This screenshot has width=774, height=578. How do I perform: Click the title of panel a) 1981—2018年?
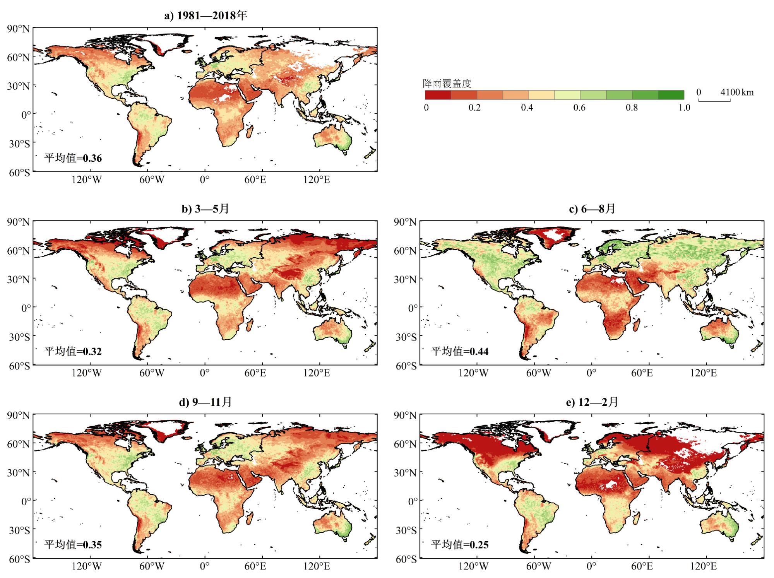click(x=205, y=16)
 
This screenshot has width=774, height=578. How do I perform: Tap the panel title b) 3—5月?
click(x=205, y=209)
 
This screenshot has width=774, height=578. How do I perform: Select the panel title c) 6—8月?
click(x=592, y=209)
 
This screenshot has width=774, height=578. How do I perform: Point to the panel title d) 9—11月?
click(x=205, y=402)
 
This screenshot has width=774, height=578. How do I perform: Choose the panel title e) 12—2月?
click(x=592, y=402)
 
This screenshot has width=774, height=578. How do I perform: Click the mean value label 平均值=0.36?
click(x=73, y=158)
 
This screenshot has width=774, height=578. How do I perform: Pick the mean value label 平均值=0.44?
click(x=460, y=351)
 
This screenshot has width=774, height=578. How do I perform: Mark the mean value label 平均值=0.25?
click(x=460, y=545)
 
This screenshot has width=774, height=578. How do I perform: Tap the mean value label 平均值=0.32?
click(x=73, y=351)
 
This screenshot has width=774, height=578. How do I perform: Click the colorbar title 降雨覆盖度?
click(x=447, y=84)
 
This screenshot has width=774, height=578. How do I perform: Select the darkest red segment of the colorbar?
click(x=438, y=95)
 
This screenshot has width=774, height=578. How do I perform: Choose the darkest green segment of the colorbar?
click(x=671, y=95)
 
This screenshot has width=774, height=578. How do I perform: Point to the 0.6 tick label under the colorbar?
click(x=579, y=108)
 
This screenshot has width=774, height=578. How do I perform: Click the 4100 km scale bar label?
click(x=737, y=92)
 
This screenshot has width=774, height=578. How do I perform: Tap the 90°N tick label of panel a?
click(x=18, y=29)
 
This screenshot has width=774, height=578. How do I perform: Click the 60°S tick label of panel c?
click(x=406, y=366)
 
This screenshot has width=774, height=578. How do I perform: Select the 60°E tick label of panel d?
click(x=255, y=567)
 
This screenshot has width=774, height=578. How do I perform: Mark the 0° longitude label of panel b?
click(x=204, y=373)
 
